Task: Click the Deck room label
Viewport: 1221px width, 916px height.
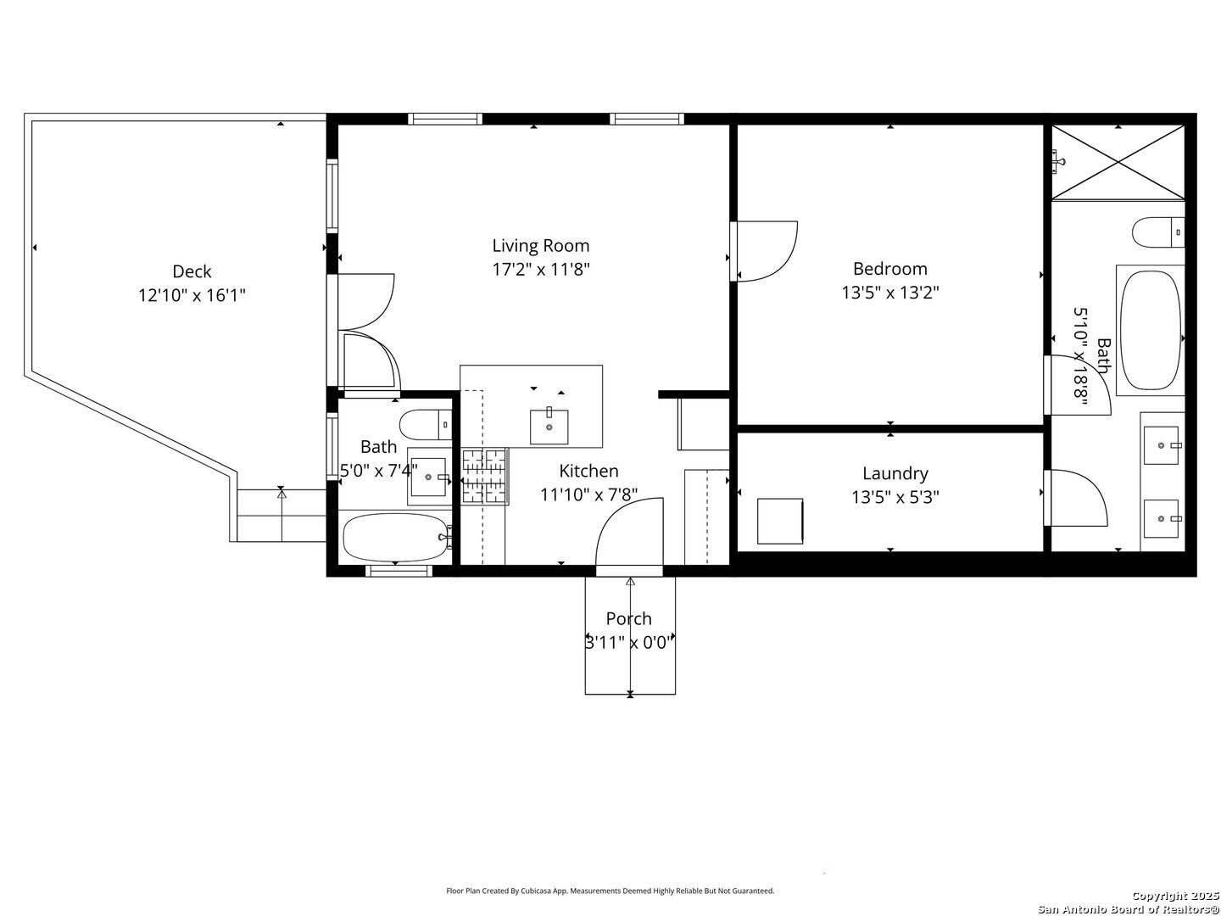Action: pyautogui.click(x=192, y=271)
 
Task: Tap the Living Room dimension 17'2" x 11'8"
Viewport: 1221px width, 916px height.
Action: pyautogui.click(x=541, y=270)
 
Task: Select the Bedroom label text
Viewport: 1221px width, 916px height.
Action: pyautogui.click(x=889, y=269)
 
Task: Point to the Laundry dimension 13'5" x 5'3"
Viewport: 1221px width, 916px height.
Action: pyautogui.click(x=895, y=497)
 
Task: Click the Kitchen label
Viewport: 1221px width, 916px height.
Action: pyautogui.click(x=588, y=471)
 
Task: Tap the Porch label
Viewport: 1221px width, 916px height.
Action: pyautogui.click(x=628, y=619)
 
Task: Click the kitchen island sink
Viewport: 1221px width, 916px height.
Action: pyautogui.click(x=549, y=426)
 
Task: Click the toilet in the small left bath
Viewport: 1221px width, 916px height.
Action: pyautogui.click(x=426, y=423)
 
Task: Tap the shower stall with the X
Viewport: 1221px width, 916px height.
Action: pyautogui.click(x=1118, y=162)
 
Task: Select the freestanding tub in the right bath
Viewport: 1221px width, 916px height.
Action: pyautogui.click(x=1150, y=330)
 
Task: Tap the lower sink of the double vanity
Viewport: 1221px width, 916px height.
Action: pyautogui.click(x=1161, y=518)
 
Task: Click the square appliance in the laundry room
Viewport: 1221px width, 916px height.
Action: pyautogui.click(x=779, y=521)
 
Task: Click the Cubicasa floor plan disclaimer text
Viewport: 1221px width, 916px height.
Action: pyautogui.click(x=610, y=891)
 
